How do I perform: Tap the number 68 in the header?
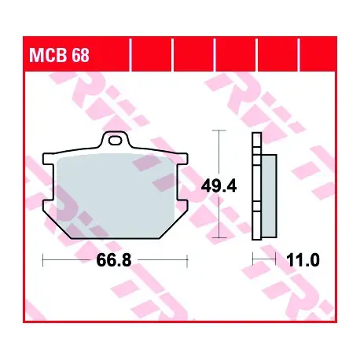[x=80, y=55]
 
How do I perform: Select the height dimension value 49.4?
[x=219, y=186]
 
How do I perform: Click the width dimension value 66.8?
[x=114, y=260]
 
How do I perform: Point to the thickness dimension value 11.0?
[x=303, y=260]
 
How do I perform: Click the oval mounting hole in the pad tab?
[x=116, y=141]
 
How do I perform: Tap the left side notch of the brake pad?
[x=49, y=182]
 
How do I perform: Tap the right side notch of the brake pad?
[x=182, y=182]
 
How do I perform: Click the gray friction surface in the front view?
[x=116, y=195]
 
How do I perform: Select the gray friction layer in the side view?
[x=269, y=196]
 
